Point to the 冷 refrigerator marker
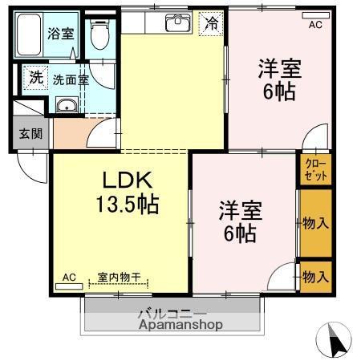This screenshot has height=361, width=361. tap(210, 23)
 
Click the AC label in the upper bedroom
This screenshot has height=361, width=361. tap(315, 25)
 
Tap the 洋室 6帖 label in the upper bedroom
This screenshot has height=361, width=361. tap(278, 79)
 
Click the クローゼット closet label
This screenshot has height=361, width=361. tap(314, 169)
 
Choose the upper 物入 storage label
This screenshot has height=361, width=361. tap(315, 223)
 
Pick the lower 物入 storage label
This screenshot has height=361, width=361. tap(315, 278)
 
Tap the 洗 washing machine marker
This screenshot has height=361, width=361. tap(35, 78)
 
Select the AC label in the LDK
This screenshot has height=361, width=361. tap(69, 278)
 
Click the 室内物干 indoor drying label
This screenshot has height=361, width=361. tap(119, 278)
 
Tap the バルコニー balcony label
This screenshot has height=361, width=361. tap(172, 314)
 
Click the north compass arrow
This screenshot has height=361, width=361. tap(337, 341)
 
